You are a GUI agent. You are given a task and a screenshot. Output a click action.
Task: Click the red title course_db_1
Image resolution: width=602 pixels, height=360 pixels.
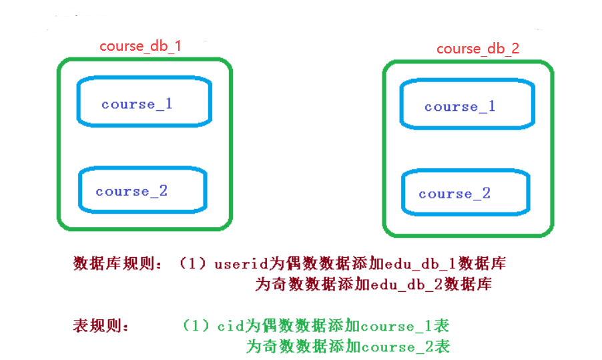[x=141, y=46]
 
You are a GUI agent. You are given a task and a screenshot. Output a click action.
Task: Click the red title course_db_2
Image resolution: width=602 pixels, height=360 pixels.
[x=478, y=49]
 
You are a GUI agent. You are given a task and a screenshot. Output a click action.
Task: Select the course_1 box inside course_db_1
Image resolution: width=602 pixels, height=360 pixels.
[x=144, y=102]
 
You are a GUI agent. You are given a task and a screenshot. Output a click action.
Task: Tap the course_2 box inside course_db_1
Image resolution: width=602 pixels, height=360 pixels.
[x=143, y=190]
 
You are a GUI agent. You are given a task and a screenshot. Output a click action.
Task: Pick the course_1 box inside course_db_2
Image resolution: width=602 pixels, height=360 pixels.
[x=468, y=104]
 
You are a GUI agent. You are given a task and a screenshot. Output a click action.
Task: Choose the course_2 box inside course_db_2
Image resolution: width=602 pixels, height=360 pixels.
[x=466, y=192]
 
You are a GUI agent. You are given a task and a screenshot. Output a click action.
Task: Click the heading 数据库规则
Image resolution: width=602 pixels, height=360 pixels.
[x=114, y=264]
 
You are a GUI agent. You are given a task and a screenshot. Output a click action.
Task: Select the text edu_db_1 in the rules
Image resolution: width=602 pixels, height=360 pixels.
[x=420, y=264]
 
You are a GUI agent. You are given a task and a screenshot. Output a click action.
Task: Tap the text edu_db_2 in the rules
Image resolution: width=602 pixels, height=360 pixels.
[x=407, y=285]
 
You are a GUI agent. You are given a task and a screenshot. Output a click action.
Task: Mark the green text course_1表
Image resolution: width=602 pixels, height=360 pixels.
[x=405, y=327]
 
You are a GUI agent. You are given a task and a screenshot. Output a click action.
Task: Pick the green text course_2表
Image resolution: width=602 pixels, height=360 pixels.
[x=406, y=347]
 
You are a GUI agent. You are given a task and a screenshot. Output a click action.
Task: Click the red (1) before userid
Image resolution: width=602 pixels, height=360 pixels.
[x=193, y=264]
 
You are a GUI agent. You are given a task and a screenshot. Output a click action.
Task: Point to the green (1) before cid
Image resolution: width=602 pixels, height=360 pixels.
[x=196, y=326]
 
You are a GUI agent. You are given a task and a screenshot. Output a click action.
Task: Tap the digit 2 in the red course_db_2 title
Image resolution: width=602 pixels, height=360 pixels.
[x=515, y=49]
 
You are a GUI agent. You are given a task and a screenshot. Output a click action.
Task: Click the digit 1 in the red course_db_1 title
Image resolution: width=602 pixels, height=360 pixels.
[x=178, y=46]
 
